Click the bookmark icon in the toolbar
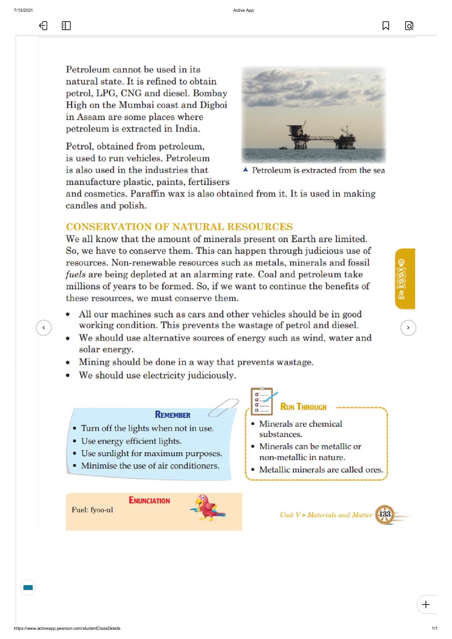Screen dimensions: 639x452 coord(386,26)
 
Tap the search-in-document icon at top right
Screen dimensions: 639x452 coord(409,26)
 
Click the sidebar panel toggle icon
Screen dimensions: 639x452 coord(66,26)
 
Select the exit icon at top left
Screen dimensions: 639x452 coord(43,26)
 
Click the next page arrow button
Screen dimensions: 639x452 coord(408,328)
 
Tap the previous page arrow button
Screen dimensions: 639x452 coord(44,328)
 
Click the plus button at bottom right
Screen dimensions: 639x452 coord(426,604)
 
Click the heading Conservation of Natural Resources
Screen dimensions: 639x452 coord(179,226)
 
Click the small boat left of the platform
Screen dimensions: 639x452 coord(283,147)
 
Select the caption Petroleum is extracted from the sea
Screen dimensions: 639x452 coord(318,170)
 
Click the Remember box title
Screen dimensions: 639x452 coord(173,415)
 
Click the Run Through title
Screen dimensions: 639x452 coord(303,407)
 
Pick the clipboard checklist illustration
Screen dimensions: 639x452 coord(262,401)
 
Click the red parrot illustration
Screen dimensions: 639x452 coord(208,508)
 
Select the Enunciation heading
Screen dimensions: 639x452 coord(149,501)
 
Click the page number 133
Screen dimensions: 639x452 coord(385,514)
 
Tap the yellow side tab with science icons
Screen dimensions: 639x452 coord(404,279)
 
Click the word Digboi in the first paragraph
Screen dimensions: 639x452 coord(213,105)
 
